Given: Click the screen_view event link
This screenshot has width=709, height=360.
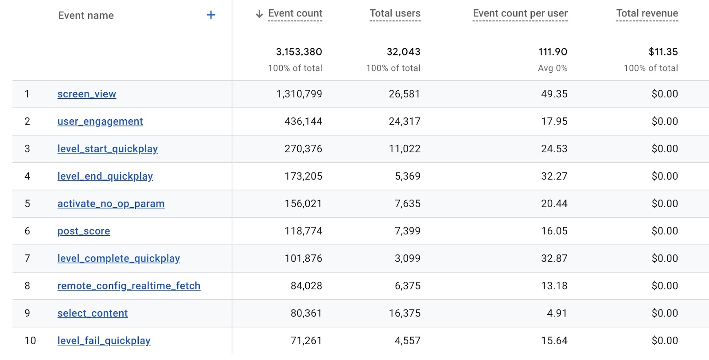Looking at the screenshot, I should click(87, 94).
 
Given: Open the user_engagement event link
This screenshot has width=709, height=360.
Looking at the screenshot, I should click(100, 121).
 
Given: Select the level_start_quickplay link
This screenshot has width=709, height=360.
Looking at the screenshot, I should click(108, 149).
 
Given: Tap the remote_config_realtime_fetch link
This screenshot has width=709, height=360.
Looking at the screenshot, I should click(129, 286).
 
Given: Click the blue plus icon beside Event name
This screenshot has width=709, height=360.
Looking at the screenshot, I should click(211, 15).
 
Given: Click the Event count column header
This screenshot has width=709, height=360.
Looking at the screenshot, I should click(295, 13).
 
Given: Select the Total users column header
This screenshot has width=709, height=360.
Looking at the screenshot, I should click(395, 13).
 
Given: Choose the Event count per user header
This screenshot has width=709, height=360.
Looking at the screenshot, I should click(520, 13).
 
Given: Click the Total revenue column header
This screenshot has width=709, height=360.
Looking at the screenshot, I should click(647, 13).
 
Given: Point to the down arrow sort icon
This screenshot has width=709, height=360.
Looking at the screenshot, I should click(259, 14).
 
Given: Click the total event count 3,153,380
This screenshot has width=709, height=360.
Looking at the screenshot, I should click(299, 52).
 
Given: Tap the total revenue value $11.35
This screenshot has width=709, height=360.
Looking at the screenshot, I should click(663, 52).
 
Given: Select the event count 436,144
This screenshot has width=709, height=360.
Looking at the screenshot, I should click(303, 121).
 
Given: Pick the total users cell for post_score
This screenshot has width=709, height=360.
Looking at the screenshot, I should click(407, 231).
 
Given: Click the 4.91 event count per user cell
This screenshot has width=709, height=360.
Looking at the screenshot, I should click(557, 313).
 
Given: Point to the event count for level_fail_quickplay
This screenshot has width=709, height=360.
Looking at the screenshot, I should click(306, 341).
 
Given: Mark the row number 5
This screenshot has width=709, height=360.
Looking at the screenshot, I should click(27, 203).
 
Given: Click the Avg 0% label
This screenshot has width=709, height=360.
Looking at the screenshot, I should click(552, 68).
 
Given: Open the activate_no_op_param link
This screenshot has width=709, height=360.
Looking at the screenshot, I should click(111, 203).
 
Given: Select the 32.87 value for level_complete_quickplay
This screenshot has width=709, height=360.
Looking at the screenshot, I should click(554, 258).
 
